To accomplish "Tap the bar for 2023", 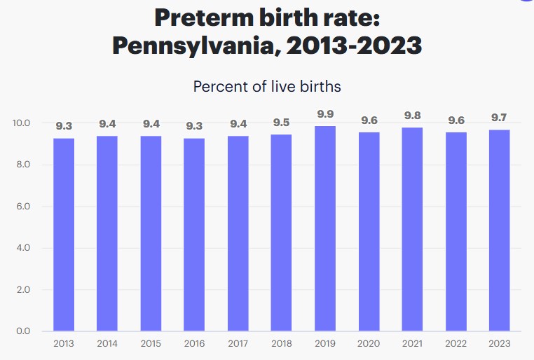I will [499, 230].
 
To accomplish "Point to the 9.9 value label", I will [325, 114].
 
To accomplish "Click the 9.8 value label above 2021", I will [412, 116].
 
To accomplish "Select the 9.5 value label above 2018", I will [282, 123].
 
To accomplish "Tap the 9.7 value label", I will [499, 118].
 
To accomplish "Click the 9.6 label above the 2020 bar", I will [369, 120].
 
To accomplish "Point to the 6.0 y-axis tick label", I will [22, 207].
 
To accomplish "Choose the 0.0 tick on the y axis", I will [22, 331].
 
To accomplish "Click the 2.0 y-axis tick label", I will [22, 289].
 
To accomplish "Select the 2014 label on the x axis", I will [107, 344].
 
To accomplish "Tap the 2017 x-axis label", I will [238, 344].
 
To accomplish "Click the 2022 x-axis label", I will [456, 344].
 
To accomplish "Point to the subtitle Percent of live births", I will [267, 87].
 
